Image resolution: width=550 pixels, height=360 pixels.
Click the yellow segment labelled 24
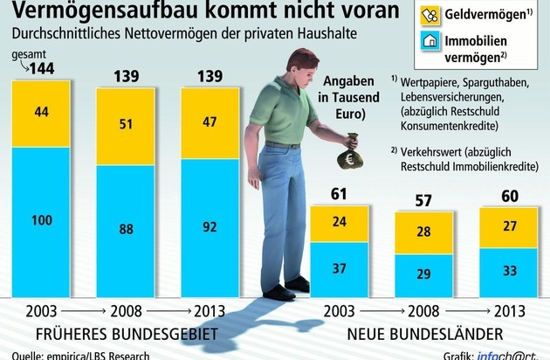[x=339, y=223]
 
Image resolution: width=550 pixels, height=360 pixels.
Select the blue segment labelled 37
[x=339, y=269]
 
